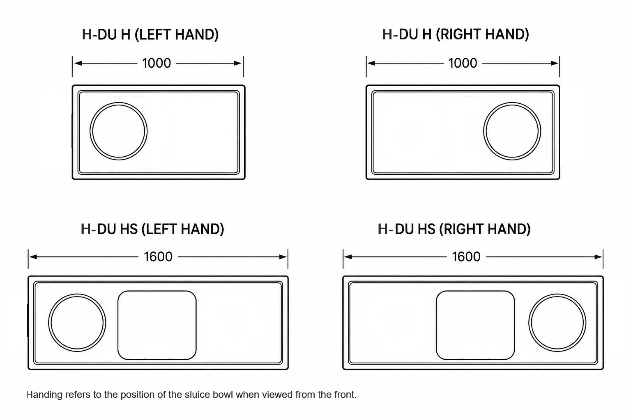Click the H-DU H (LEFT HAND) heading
(150, 34)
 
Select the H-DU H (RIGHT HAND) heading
(456, 34)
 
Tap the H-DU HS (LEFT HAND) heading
(152, 229)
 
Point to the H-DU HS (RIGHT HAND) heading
(454, 229)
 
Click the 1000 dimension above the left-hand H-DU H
(157, 63)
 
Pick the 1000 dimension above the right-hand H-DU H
(463, 63)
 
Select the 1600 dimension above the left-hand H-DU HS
(158, 257)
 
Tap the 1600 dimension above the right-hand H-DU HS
(466, 257)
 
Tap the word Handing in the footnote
(44, 395)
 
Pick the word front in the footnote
(345, 395)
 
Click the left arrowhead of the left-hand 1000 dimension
(78, 63)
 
